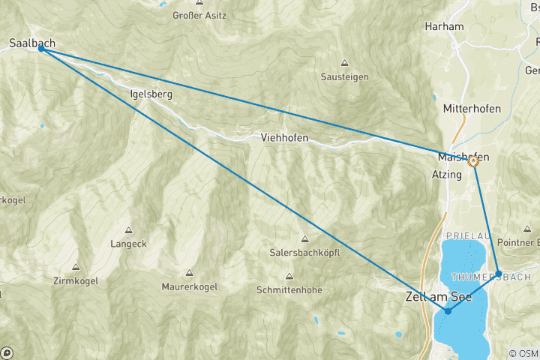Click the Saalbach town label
coord(32,43)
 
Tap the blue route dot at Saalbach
coord(42,49)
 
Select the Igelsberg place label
coord(151,94)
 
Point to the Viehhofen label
coord(285,137)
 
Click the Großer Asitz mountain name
coord(199,15)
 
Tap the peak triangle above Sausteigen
coord(345,63)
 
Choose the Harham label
coord(444,26)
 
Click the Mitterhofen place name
coord(472,109)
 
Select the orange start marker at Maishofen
coord(473,160)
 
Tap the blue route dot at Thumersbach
coord(499,274)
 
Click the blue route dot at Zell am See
coord(448,310)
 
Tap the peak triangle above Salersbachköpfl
coord(304,238)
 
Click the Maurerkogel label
coord(189,286)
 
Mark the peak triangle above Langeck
coord(128,231)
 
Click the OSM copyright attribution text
coord(523,353)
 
